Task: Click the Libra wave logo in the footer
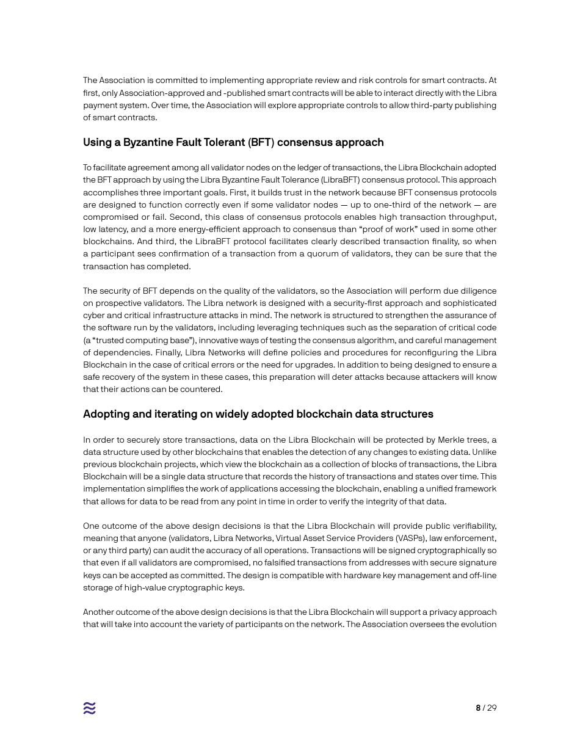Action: click(90, 708)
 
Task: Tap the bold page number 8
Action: click(478, 708)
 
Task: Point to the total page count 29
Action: click(491, 708)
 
